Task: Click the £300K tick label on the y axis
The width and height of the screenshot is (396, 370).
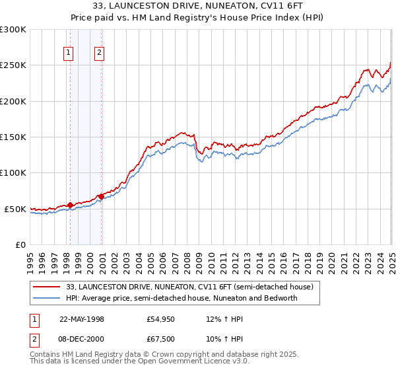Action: [13, 30]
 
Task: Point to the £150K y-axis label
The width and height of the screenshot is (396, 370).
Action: [13, 137]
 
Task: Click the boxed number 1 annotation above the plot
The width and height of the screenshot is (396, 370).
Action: [69, 54]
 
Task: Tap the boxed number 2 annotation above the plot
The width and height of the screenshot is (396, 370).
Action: [99, 54]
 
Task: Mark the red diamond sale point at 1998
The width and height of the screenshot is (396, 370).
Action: [70, 205]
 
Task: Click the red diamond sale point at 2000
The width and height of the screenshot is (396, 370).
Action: [101, 196]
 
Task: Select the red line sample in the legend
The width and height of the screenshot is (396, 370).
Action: [47, 287]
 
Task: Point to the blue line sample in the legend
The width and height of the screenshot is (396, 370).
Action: [47, 297]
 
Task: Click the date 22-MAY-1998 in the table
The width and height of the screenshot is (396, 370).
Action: [82, 319]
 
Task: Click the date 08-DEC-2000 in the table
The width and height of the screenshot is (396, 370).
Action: [82, 340]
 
